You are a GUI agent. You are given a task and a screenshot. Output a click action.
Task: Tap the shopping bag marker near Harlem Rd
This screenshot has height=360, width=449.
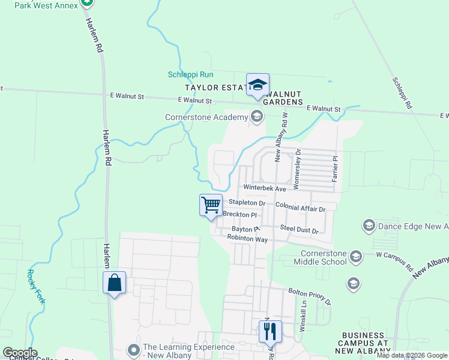[x=114, y=283]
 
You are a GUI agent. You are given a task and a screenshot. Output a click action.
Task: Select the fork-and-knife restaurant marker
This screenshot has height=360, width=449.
[x=270, y=331]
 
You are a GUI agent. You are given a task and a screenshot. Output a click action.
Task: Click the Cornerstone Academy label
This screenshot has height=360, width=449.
[x=206, y=116]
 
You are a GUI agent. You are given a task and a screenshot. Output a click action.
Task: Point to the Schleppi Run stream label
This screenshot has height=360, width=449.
[x=190, y=74]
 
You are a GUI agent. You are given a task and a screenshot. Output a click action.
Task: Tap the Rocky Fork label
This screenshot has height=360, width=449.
[x=35, y=286]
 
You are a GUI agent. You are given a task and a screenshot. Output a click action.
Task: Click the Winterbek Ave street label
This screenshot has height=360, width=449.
[x=265, y=188]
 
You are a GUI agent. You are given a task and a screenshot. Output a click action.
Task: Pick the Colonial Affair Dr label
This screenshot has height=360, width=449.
[x=300, y=206]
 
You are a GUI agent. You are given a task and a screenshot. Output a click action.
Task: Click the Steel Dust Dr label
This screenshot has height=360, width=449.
[x=298, y=229]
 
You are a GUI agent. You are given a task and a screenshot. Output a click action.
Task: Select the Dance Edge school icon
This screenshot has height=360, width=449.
[x=368, y=226]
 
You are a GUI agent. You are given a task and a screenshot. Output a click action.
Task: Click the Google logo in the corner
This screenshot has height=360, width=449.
[x=19, y=353]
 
